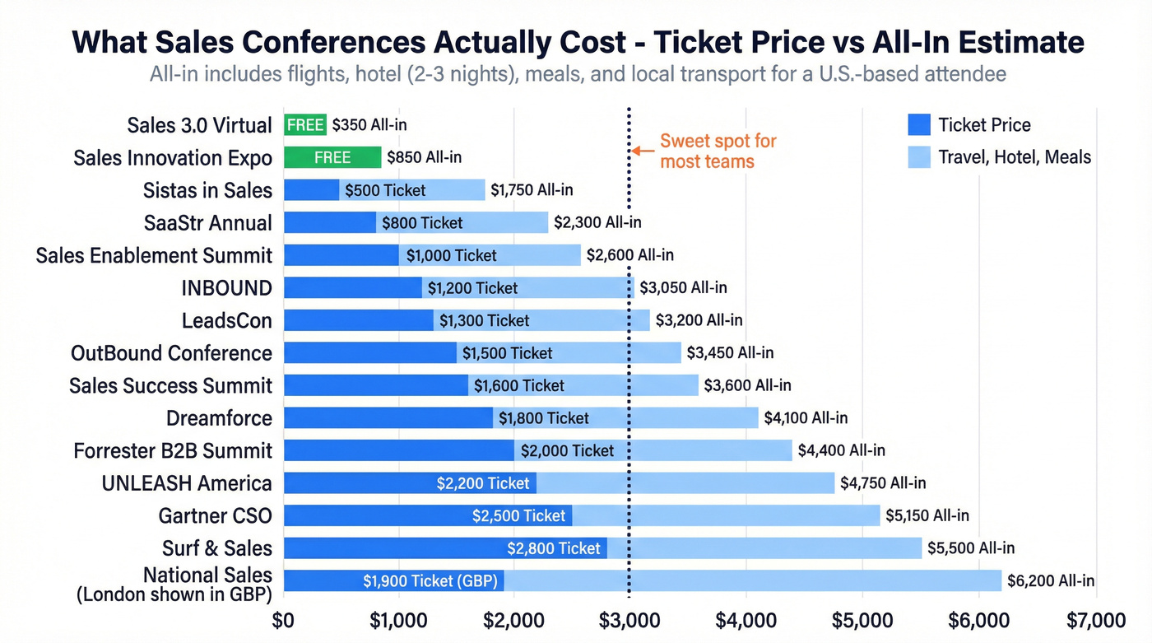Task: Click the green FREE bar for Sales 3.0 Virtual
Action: [305, 125]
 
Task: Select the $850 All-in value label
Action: [425, 157]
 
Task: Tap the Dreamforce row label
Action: [219, 418]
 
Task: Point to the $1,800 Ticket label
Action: [544, 418]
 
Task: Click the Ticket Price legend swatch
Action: [918, 125]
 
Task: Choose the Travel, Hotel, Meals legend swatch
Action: [918, 157]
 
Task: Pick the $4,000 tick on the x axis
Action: [745, 620]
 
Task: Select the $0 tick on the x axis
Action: [284, 620]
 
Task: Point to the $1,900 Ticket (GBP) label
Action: [430, 581]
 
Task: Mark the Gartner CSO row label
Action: [215, 516]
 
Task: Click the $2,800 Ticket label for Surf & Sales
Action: [554, 548]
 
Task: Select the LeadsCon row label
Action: [226, 320]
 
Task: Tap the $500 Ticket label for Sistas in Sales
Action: [385, 190]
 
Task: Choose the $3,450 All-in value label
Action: [731, 353]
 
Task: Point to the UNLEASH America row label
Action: [187, 483]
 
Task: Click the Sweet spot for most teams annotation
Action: [718, 151]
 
